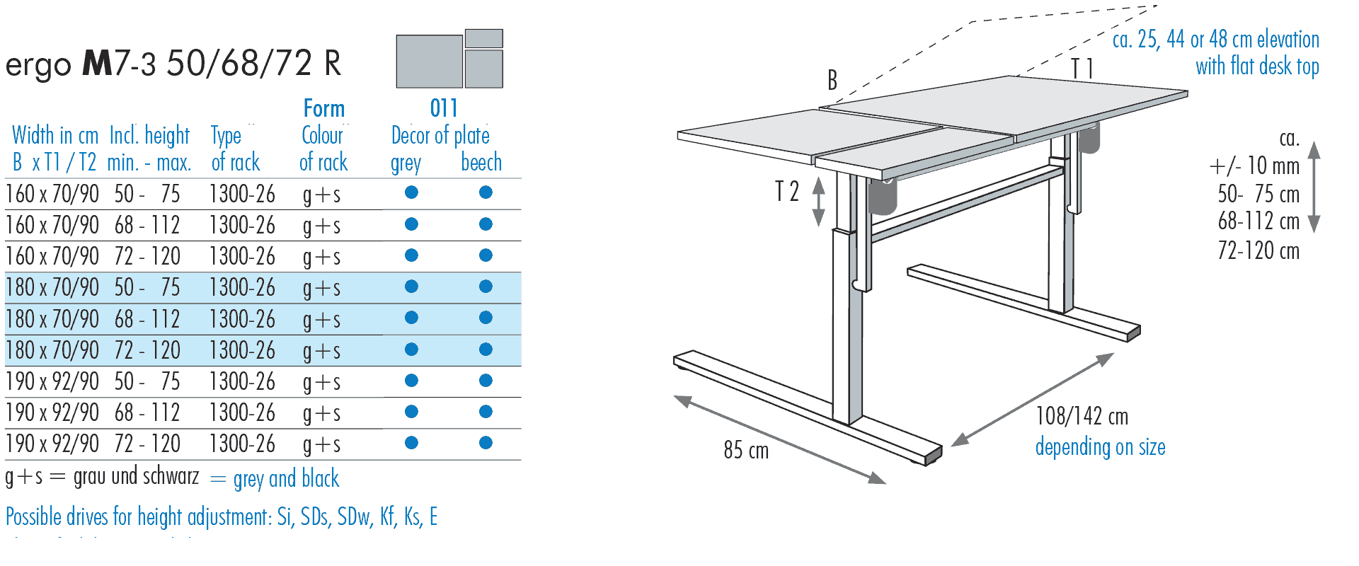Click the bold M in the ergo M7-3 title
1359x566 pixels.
pyautogui.click(x=98, y=64)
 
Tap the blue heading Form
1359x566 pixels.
pyautogui.click(x=323, y=108)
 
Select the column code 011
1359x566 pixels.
pyautogui.click(x=444, y=108)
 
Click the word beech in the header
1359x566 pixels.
pyautogui.click(x=481, y=162)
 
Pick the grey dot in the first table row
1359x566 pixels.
pyautogui.click(x=411, y=192)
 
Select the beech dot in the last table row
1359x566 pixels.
pyautogui.click(x=486, y=443)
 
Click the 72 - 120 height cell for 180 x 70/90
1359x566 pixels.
pyautogui.click(x=147, y=350)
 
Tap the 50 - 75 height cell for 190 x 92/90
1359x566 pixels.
pyautogui.click(x=147, y=381)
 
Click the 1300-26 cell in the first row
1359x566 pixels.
pyautogui.click(x=242, y=194)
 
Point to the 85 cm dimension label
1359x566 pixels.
pyautogui.click(x=745, y=450)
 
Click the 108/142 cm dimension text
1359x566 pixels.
pyautogui.click(x=1082, y=416)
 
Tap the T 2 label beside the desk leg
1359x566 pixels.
pyautogui.click(x=786, y=191)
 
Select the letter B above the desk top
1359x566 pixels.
pyautogui.click(x=832, y=81)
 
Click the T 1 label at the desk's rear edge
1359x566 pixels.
pyautogui.click(x=1082, y=69)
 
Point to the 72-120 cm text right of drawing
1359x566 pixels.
pyautogui.click(x=1258, y=250)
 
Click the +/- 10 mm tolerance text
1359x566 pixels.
pyautogui.click(x=1254, y=166)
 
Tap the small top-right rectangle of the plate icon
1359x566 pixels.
pyautogui.click(x=484, y=38)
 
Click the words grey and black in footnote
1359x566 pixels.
pyautogui.click(x=286, y=479)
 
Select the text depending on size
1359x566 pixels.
pyautogui.click(x=1100, y=447)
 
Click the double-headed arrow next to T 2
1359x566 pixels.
pyautogui.click(x=818, y=202)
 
